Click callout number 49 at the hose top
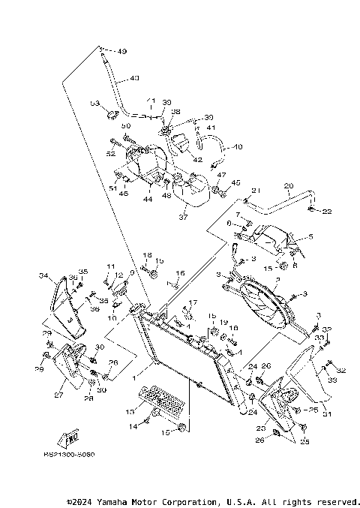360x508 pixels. click(x=122, y=51)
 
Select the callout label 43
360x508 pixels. click(x=134, y=77)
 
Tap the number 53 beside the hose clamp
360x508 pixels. click(x=94, y=103)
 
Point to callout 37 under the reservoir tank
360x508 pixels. click(x=181, y=218)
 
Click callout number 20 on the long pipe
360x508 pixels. click(x=287, y=185)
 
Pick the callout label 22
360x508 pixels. click(x=327, y=212)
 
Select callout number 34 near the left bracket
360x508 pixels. click(x=43, y=276)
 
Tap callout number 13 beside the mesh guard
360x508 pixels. click(x=129, y=411)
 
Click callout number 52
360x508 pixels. click(x=111, y=154)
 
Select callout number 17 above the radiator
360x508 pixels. click(x=193, y=303)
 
